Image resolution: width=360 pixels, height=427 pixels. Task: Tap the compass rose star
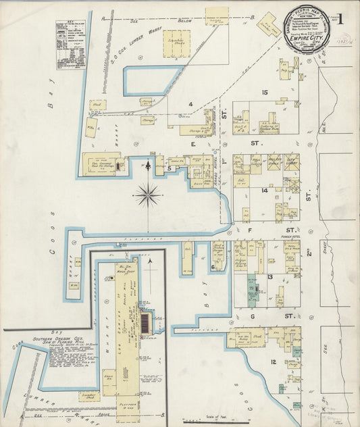147,196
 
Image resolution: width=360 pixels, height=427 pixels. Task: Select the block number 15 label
265,92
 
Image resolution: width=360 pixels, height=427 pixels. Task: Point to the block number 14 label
265,191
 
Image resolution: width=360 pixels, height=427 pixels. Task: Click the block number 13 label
269,277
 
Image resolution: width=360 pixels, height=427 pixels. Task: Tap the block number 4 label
191,103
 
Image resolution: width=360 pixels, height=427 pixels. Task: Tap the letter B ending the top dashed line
251,17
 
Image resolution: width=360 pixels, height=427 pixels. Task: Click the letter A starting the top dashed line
103,19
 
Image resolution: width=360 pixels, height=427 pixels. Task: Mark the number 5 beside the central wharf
170,168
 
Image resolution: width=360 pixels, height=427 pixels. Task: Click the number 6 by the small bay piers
213,267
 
